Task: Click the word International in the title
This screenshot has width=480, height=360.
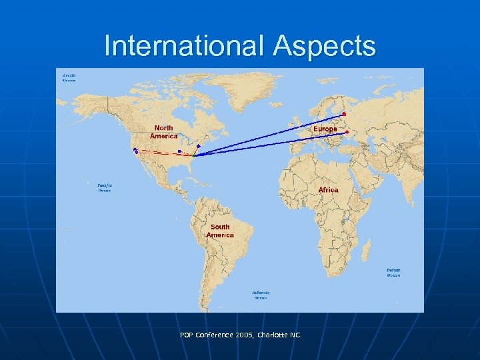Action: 185,47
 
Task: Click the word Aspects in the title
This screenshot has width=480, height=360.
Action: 324,47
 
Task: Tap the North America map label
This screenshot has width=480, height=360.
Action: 163,132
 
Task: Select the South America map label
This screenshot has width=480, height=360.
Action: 220,231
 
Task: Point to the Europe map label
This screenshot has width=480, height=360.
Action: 325,129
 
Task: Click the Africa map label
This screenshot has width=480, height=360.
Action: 328,190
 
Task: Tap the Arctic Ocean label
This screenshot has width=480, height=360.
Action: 69,78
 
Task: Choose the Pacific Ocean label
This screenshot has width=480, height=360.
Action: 105,188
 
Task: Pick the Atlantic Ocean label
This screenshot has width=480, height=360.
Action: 261,295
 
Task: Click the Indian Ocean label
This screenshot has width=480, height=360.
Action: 393,272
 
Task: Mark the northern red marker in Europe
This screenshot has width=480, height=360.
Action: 344,115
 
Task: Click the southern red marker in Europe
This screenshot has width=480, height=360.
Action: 347,132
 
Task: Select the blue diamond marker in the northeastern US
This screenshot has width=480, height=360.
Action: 199,146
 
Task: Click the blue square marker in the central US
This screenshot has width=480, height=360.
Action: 179,151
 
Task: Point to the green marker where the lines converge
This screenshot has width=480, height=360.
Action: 195,155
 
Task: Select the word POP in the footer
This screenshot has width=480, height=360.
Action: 187,335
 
